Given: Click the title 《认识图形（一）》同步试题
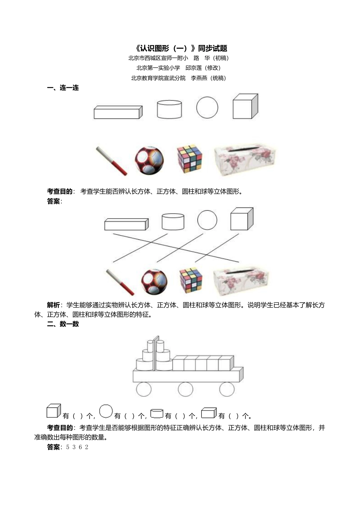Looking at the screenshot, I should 181,48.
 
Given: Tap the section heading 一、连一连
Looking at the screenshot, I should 63,88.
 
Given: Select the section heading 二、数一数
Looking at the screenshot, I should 63,324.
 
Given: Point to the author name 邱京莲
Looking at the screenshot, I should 193,68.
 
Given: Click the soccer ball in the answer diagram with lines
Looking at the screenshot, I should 154,282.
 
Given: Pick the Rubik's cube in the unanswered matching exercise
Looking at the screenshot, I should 189,159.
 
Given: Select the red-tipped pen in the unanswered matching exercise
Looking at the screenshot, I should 111,161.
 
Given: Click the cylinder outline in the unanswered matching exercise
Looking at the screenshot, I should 169,109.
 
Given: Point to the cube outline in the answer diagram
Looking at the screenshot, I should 241,219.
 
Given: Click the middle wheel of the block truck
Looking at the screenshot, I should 185,389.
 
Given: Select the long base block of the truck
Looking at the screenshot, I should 188,375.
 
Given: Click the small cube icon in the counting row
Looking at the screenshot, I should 53,411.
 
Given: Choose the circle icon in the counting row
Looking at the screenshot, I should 106,411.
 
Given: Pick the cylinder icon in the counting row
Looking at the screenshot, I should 157,413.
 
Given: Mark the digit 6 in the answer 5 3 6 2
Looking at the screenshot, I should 80,447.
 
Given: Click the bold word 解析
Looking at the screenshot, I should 53,305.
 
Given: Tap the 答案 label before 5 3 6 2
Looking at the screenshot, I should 53,447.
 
